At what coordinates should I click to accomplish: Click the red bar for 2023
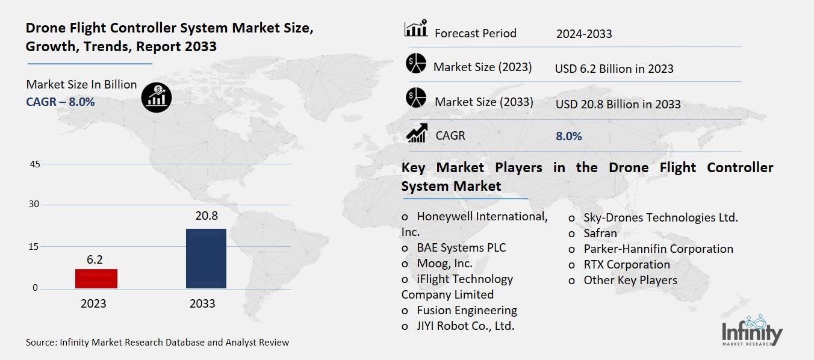[96, 278]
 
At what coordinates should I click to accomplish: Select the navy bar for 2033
[206, 258]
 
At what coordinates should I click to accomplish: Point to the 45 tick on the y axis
[34, 164]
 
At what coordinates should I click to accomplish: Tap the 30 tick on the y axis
[34, 205]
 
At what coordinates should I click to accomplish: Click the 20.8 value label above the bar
[206, 216]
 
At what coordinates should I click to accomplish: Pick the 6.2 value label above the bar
[95, 259]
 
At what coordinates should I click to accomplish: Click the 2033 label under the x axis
[202, 303]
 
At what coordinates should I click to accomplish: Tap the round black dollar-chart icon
[157, 97]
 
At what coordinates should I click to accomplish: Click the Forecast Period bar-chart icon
[415, 28]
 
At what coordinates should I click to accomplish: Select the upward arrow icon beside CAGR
[417, 133]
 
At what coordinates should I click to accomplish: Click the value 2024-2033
[584, 34]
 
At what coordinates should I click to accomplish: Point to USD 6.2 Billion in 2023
[614, 69]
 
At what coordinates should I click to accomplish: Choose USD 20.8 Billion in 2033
[618, 104]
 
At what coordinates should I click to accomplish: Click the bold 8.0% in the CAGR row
[569, 136]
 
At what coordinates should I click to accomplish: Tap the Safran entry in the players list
[600, 233]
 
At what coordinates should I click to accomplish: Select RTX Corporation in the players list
[626, 264]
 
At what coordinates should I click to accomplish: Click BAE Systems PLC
[461, 247]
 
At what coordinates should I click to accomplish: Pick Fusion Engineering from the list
[467, 310]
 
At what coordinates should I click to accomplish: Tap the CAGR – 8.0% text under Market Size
[60, 102]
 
